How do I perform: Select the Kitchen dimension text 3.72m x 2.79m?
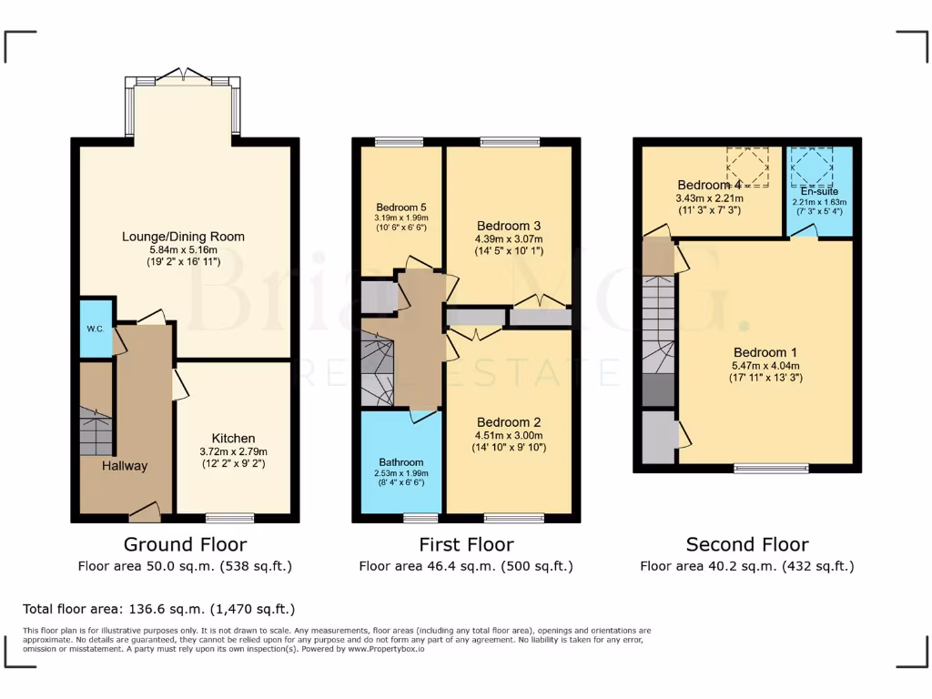(x=234, y=451)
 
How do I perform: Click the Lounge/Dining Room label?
(x=184, y=237)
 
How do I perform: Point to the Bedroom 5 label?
(x=401, y=207)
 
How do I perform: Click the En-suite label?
(x=818, y=192)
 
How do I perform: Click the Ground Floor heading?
(x=185, y=544)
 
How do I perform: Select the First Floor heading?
(x=466, y=544)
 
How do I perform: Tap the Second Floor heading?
(x=747, y=544)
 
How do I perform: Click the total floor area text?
(x=159, y=609)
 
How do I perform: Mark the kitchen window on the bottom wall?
(x=229, y=518)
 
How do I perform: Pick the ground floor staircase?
(x=96, y=431)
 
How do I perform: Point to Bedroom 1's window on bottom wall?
(x=772, y=469)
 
